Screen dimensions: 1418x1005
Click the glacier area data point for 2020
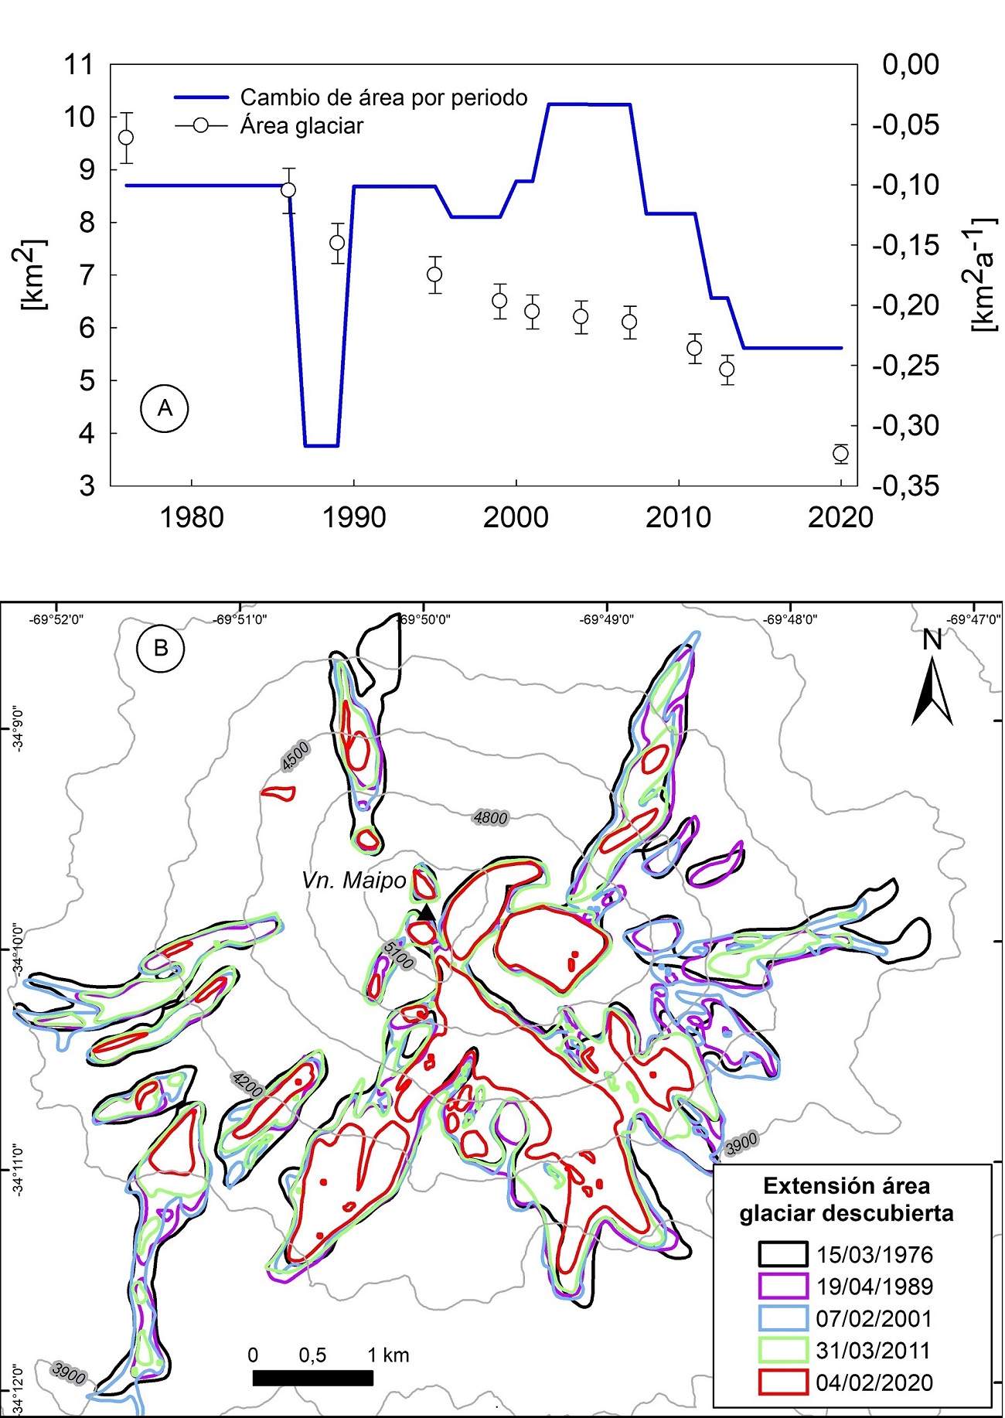[x=841, y=453]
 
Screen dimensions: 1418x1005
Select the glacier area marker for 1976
[x=125, y=138]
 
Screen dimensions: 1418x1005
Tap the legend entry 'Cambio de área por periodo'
[x=383, y=97]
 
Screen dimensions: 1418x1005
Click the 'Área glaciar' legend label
[x=301, y=126]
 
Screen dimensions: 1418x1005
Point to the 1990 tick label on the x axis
[x=354, y=517]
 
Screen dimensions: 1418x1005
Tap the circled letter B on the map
[x=161, y=647]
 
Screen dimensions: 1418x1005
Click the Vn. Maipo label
[x=353, y=880]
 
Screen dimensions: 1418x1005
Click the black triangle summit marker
[x=426, y=912]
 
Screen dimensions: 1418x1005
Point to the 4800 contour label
[x=490, y=818]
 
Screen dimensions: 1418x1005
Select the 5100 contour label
[x=399, y=956]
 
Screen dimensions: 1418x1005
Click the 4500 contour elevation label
[x=295, y=755]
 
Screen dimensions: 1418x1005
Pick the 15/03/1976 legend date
[x=874, y=1254]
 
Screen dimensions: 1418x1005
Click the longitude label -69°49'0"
[x=608, y=619]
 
